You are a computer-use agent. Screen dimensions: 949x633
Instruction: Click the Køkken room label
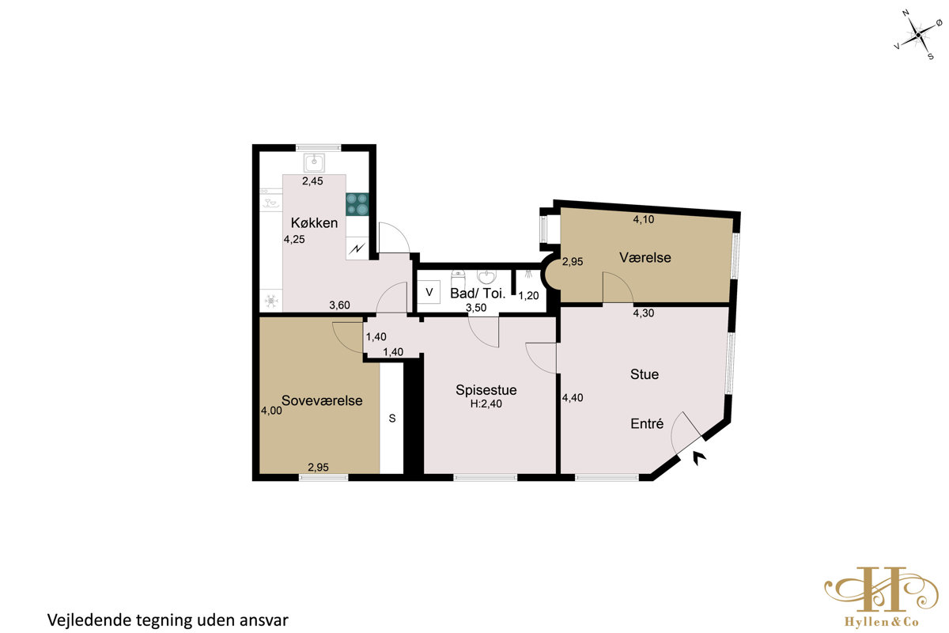314,223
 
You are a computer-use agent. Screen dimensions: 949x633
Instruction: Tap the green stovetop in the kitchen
357,204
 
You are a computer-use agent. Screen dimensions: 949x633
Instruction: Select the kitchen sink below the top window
315,163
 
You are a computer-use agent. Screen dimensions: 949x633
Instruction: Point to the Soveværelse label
322,400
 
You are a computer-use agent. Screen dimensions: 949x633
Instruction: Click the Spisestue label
486,390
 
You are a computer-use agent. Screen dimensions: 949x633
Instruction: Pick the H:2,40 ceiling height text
486,404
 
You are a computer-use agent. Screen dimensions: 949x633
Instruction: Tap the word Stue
645,374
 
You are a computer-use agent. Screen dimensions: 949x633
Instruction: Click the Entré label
647,423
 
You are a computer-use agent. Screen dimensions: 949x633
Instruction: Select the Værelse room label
645,258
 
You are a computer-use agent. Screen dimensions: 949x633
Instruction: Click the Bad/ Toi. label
478,294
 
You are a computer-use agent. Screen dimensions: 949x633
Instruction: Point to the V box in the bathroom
429,292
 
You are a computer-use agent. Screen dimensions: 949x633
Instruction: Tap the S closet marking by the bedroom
392,419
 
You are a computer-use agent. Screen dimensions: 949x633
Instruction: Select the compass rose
917,35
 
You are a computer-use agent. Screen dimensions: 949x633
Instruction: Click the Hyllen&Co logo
881,597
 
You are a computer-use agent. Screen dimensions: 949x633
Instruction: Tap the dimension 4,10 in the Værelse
644,220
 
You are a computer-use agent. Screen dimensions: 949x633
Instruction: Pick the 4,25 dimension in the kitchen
294,240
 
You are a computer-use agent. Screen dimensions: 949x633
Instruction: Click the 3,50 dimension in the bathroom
476,308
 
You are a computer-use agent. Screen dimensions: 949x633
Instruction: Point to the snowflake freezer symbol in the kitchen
271,301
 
